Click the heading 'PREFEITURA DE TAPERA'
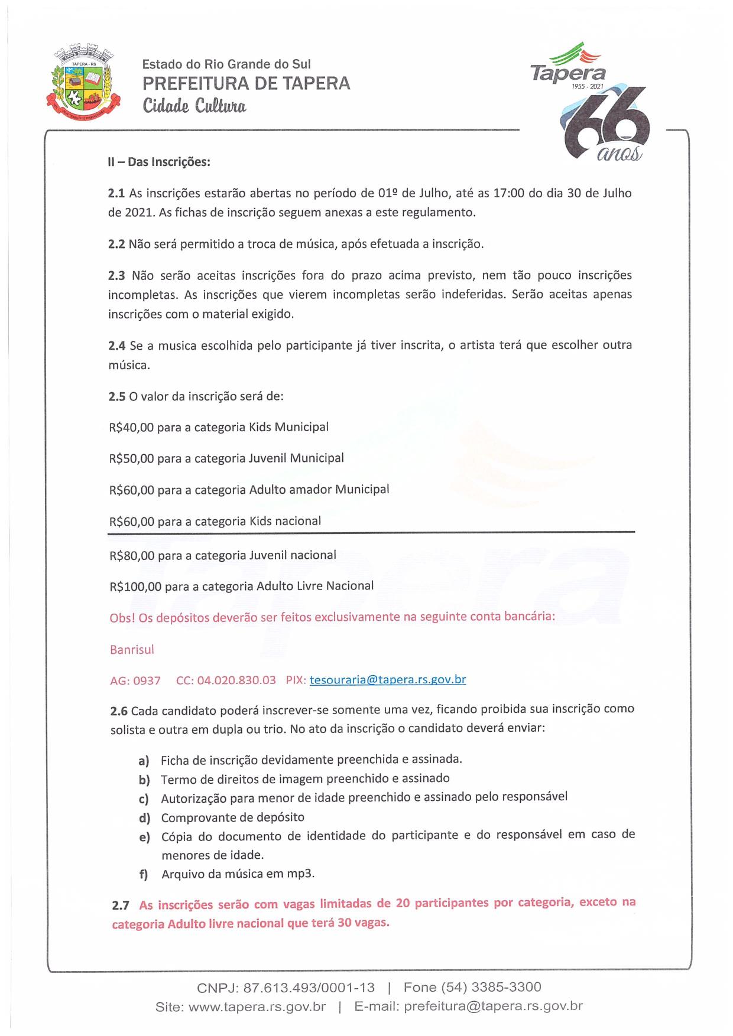click(x=246, y=83)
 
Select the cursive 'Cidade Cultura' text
click(x=194, y=106)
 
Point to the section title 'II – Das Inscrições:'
click(x=158, y=161)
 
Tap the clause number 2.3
click(x=116, y=275)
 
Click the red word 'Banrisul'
click(x=132, y=650)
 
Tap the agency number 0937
click(x=147, y=680)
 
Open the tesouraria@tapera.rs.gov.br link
click(x=387, y=679)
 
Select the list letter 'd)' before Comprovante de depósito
click(x=144, y=818)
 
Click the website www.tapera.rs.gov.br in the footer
click(x=257, y=1006)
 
